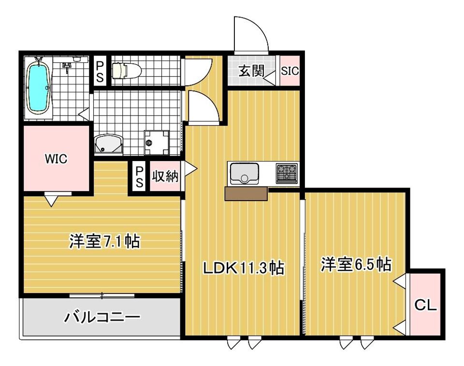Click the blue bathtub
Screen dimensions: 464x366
(x=38, y=89)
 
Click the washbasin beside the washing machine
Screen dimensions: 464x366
(x=108, y=144)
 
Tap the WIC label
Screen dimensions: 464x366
(x=56, y=159)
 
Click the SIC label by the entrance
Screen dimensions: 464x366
(x=290, y=71)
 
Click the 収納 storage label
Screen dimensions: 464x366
(x=165, y=176)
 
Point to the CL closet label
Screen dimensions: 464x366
(x=425, y=305)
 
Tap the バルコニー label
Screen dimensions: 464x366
(x=102, y=317)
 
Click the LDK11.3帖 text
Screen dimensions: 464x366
(x=243, y=268)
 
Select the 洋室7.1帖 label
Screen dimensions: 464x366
(x=104, y=241)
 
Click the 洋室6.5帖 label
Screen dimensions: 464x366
(x=356, y=264)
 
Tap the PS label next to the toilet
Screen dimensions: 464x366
(x=100, y=72)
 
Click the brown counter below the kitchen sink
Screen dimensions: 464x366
(x=246, y=194)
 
